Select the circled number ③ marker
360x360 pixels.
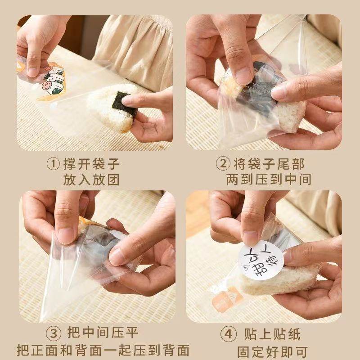point(54,333)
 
